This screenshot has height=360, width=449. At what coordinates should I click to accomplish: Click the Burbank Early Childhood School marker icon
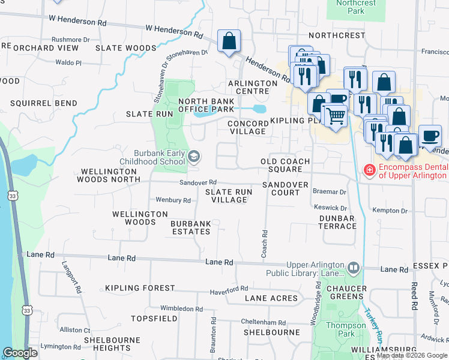tap(194, 157)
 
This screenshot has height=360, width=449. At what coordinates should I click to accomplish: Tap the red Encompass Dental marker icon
tap(369, 171)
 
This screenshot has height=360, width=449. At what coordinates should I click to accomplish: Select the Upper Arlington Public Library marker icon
tap(353, 267)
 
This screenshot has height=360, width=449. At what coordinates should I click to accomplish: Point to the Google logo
tap(20, 353)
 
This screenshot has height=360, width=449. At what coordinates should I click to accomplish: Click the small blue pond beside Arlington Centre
tap(259, 109)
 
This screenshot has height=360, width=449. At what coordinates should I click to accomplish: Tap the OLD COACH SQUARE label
tap(285, 165)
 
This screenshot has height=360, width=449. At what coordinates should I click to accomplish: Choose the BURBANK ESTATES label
tap(191, 227)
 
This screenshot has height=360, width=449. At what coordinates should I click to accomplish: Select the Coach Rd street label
tap(264, 244)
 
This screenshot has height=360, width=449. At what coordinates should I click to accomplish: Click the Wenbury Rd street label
tap(173, 200)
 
